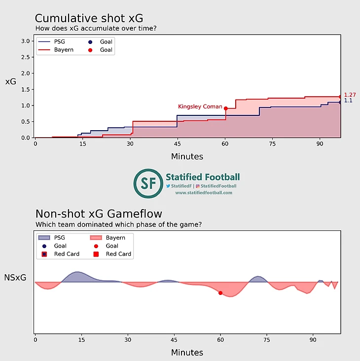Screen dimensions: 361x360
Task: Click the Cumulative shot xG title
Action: [89, 18]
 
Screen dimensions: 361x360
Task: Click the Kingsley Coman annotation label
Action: [200, 107]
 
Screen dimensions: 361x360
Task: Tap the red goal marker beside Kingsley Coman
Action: [226, 108]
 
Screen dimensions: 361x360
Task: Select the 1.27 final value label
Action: [350, 95]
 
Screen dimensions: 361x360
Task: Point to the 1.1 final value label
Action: [348, 101]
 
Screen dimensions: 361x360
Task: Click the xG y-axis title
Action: [11, 82]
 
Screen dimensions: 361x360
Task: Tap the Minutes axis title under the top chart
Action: [187, 157]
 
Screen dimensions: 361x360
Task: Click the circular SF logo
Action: [148, 183]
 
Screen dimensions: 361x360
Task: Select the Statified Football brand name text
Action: [203, 177]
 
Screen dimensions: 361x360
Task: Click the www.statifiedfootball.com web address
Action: [204, 193]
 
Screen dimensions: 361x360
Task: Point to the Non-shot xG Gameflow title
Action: [99, 214]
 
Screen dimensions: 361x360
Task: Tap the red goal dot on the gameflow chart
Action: [220, 293]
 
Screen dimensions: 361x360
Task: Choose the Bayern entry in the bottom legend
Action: [115, 238]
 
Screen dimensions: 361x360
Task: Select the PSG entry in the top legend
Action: [59, 42]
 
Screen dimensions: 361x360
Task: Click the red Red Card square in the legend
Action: [96, 254]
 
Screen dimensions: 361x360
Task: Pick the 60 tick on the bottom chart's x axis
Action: [220, 340]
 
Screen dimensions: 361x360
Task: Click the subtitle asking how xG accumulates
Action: [96, 29]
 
